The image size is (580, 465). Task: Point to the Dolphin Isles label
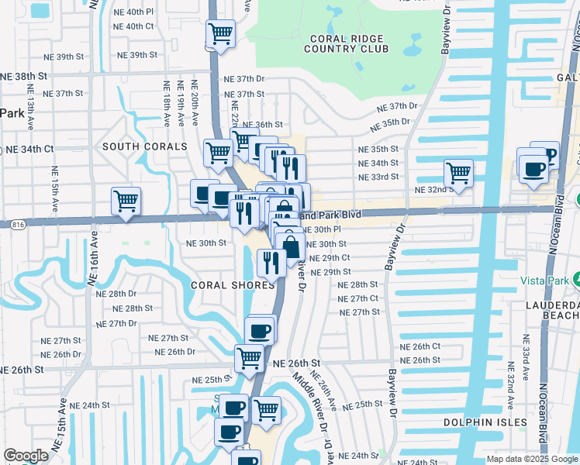(x=479, y=422)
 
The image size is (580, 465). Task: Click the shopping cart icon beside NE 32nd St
(x=458, y=173)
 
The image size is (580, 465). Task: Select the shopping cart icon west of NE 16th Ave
(x=126, y=201)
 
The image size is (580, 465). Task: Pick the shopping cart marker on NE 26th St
(x=249, y=358)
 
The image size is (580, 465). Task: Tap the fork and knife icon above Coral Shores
(x=271, y=262)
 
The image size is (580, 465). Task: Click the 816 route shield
(x=19, y=225)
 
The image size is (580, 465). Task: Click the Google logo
(x=26, y=456)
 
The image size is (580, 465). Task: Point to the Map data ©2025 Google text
(x=532, y=459)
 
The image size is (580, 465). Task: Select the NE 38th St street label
(x=24, y=76)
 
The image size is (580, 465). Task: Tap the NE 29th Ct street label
(x=330, y=257)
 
